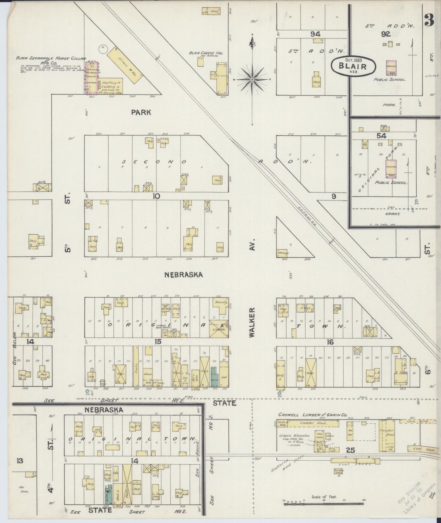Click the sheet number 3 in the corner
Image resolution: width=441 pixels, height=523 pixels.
[429, 21]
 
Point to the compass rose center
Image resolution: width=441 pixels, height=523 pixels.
[252, 80]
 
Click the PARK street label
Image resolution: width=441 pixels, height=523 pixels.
[141, 112]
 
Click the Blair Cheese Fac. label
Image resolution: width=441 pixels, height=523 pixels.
[206, 53]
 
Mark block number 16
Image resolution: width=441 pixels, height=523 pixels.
[330, 342]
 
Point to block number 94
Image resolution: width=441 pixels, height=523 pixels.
[315, 34]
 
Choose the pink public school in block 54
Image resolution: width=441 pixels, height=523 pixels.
[391, 168]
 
